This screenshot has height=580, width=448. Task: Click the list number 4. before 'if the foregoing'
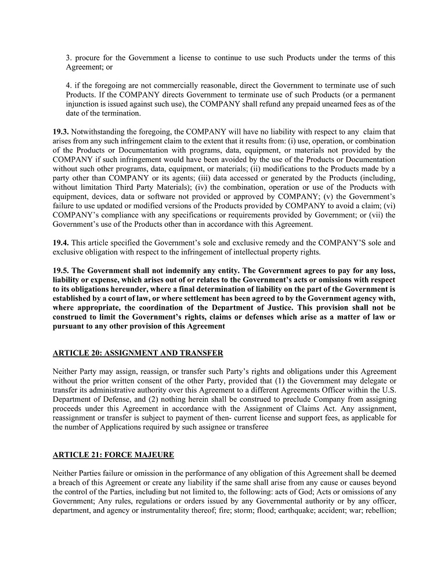click(68, 85)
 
